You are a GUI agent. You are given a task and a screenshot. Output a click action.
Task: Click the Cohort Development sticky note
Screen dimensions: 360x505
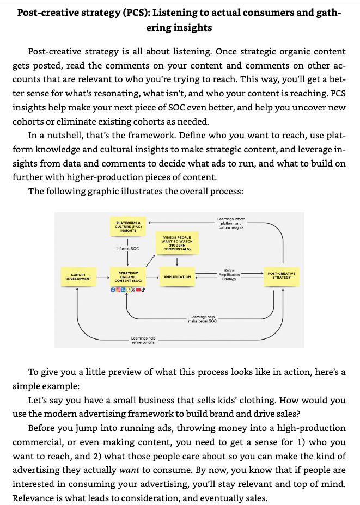[78, 276]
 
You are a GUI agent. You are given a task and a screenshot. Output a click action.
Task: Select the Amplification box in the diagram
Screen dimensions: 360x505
[177, 276]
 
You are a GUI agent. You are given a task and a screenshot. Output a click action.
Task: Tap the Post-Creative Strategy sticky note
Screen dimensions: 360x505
[282, 276]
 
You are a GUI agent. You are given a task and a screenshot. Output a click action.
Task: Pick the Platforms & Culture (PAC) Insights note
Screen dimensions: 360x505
[128, 226]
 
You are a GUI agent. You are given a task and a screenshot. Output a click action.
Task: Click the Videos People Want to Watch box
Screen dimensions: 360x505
[177, 243]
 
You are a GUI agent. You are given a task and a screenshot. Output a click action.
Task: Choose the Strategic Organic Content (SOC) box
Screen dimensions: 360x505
[129, 276]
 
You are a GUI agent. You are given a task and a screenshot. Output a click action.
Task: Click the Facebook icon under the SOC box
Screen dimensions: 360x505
[113, 290]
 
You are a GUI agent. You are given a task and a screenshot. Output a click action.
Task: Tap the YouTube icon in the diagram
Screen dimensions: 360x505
[138, 290]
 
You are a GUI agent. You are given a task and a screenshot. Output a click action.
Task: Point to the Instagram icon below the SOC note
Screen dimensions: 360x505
[118, 290]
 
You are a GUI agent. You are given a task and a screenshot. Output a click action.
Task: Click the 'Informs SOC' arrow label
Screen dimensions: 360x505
[127, 248]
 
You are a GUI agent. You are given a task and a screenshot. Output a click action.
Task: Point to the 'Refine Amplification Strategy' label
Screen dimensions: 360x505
[229, 275]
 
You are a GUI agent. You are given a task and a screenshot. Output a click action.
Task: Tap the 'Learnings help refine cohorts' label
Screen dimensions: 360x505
[143, 341]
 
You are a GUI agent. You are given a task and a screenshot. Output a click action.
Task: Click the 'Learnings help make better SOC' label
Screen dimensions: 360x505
[203, 319]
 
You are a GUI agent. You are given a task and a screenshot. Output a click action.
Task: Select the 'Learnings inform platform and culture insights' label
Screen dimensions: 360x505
[231, 223]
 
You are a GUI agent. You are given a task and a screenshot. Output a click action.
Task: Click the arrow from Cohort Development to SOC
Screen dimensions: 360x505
[103, 277]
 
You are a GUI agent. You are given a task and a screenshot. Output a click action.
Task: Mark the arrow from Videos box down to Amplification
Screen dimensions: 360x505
[177, 261]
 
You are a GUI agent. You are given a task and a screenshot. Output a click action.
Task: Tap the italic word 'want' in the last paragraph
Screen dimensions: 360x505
[129, 470]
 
